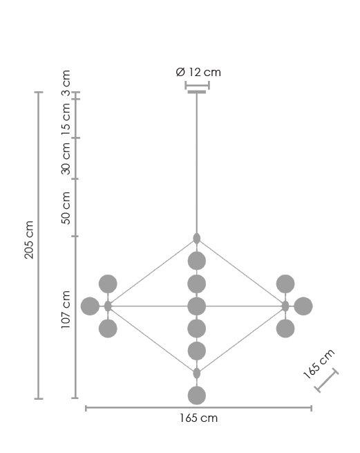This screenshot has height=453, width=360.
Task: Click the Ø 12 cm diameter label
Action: (x=198, y=72)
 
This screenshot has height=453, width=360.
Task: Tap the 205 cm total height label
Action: (x=29, y=239)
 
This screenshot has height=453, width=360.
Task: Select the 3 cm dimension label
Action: (x=66, y=83)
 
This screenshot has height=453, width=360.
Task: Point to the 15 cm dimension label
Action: (x=66, y=119)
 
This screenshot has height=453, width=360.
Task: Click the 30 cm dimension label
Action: (x=66, y=158)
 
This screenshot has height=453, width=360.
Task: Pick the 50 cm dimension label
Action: (x=66, y=207)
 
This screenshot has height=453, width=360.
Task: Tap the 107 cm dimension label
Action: (x=66, y=309)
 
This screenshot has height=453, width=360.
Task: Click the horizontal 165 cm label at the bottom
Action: (x=198, y=418)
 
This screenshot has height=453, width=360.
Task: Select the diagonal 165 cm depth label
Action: (x=319, y=364)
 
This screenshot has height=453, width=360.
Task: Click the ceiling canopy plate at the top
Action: (x=197, y=92)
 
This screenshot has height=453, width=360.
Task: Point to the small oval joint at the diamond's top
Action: (x=197, y=239)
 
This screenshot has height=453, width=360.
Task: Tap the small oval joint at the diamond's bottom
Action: (x=197, y=373)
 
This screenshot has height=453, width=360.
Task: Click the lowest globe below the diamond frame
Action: (x=197, y=396)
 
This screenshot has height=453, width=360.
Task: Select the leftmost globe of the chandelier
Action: (x=90, y=306)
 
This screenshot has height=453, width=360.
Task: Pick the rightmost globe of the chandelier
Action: (x=303, y=306)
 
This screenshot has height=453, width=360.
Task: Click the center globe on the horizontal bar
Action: (x=197, y=306)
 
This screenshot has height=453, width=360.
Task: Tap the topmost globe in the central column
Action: (x=197, y=261)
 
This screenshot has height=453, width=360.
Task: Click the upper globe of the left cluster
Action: (x=108, y=284)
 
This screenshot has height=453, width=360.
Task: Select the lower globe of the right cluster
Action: (x=285, y=329)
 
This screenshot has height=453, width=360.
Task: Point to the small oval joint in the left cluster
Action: (x=108, y=306)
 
